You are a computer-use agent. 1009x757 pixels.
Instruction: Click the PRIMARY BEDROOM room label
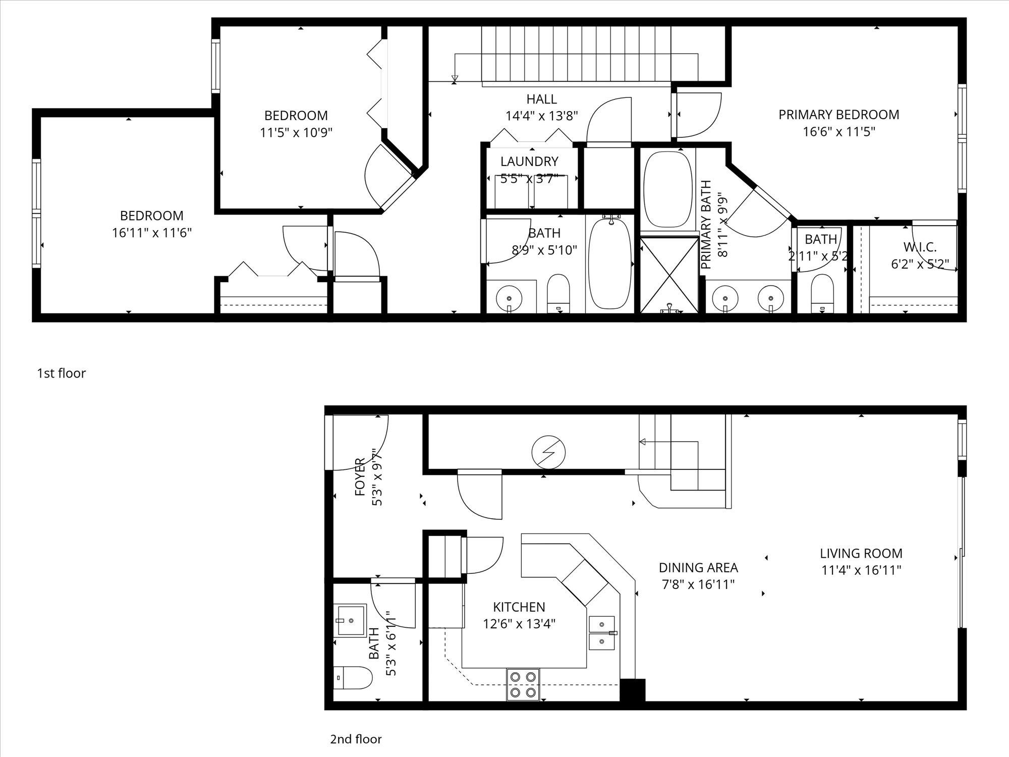coord(838,115)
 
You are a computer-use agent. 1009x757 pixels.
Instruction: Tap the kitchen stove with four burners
coord(523,684)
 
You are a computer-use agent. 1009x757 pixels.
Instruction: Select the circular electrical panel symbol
coord(549,452)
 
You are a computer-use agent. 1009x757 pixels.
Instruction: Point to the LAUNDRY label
coord(529,161)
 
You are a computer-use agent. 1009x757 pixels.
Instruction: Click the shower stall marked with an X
coord(669,275)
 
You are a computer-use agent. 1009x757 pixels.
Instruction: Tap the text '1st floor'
coord(61,373)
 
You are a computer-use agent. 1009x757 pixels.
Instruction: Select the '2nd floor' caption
coord(356,739)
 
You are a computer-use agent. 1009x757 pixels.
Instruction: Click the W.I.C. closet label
coord(920,247)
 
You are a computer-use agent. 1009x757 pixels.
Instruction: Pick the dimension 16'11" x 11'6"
coord(152,233)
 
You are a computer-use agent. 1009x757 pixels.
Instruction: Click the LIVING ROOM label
coord(861,553)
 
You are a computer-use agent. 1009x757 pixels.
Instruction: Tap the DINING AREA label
coord(698,568)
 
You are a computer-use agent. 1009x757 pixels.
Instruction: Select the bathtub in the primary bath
coord(668,189)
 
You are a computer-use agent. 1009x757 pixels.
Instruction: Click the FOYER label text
coord(360,477)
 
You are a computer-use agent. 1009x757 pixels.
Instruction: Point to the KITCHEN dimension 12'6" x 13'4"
coord(519,624)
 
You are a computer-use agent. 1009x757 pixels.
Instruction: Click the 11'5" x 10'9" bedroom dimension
coord(296,133)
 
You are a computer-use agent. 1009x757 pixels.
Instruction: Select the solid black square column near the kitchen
coord(632,690)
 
